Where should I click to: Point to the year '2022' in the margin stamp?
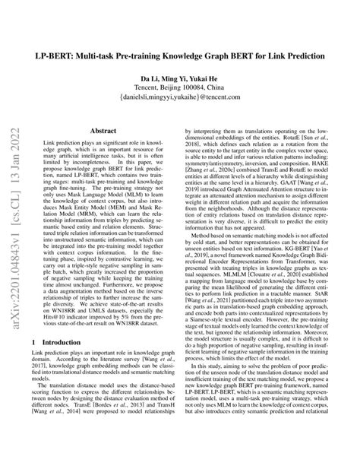click(15, 125)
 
